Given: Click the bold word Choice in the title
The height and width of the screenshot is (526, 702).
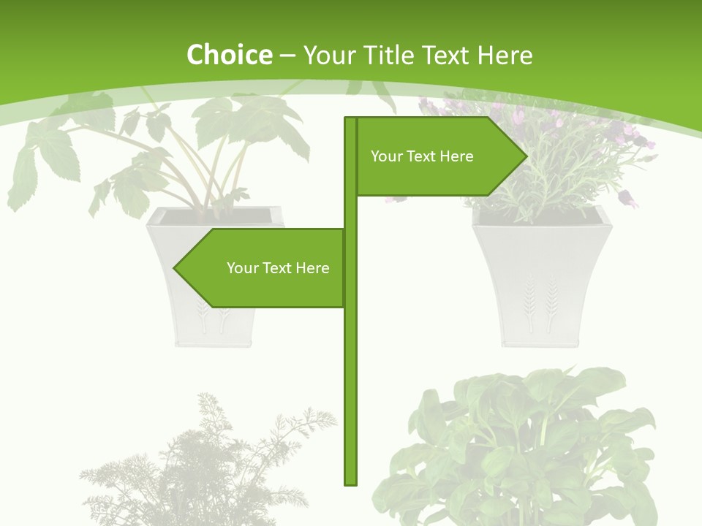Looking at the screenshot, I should click(229, 55).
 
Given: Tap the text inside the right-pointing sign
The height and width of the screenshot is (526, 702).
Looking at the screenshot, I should click(422, 156).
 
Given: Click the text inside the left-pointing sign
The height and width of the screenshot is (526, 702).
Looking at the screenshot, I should click(278, 268).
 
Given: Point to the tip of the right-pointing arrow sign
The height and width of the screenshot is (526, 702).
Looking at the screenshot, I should click(525, 156).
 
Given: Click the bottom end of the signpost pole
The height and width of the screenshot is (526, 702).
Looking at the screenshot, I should click(351, 482).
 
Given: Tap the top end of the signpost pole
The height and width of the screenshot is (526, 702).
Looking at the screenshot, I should click(351, 120).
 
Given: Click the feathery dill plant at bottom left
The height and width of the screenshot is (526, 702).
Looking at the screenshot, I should click(205, 468).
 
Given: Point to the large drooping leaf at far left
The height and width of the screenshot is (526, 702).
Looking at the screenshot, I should click(26, 175).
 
